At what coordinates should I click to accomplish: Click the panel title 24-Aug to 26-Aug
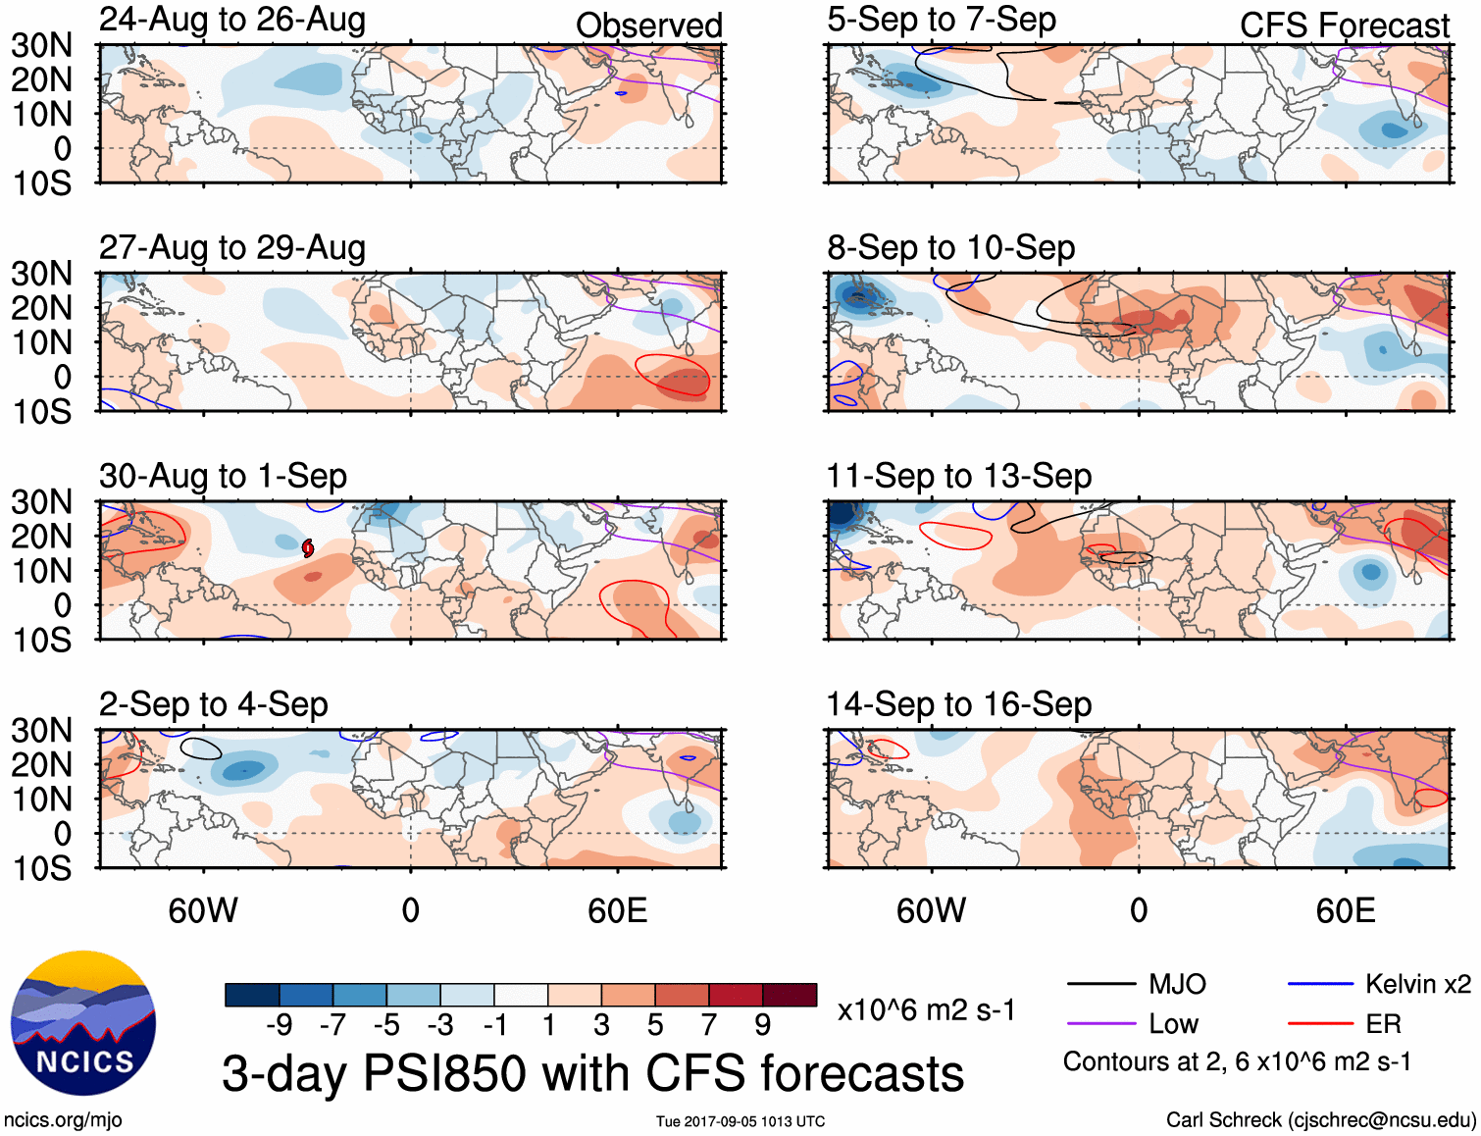pos(232,20)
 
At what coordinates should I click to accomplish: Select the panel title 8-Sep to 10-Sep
pos(950,248)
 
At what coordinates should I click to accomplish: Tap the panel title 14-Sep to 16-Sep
pos(958,704)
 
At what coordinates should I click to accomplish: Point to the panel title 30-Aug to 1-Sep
pos(223,477)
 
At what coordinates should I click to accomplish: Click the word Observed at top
pos(648,26)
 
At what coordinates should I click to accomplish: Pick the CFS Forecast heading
pos(1344,26)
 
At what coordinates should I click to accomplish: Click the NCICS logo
pos(83,1023)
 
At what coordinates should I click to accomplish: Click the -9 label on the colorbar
pos(279,1025)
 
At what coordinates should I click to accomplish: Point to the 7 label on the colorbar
pos(708,1025)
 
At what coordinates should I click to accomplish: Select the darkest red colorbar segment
pos(790,995)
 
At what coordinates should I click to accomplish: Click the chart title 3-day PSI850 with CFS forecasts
pos(592,1073)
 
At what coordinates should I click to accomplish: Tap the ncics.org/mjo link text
pos(63,1120)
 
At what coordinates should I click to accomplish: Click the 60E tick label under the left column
pos(617,910)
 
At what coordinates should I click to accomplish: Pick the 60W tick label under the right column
pos(931,910)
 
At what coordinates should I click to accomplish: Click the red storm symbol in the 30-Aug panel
pos(308,548)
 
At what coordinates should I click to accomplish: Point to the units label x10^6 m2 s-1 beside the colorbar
pos(926,1010)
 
